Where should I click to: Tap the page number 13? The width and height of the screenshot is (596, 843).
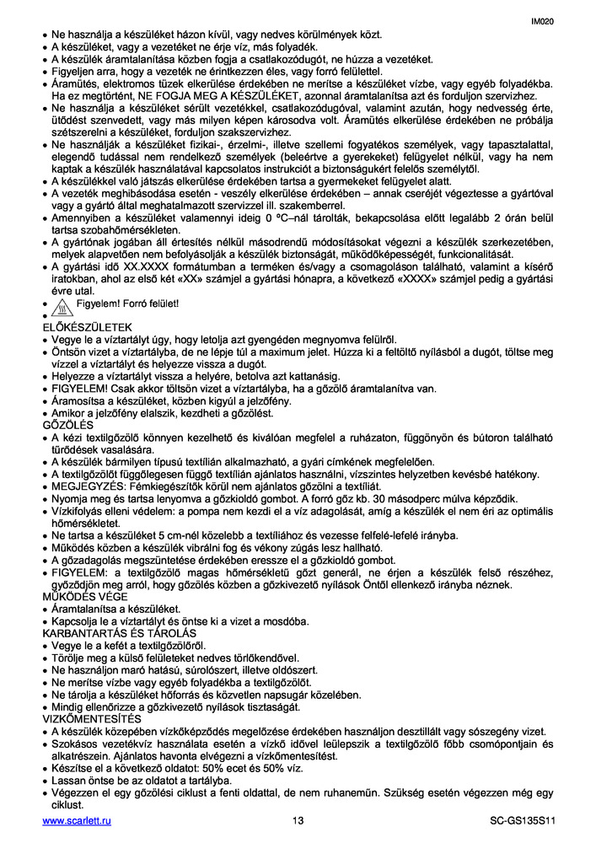(x=298, y=822)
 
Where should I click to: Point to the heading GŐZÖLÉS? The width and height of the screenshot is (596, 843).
(x=68, y=425)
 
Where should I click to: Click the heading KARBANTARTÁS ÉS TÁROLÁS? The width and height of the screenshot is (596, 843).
(x=119, y=632)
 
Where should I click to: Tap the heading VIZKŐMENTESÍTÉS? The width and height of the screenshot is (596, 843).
(x=92, y=718)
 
